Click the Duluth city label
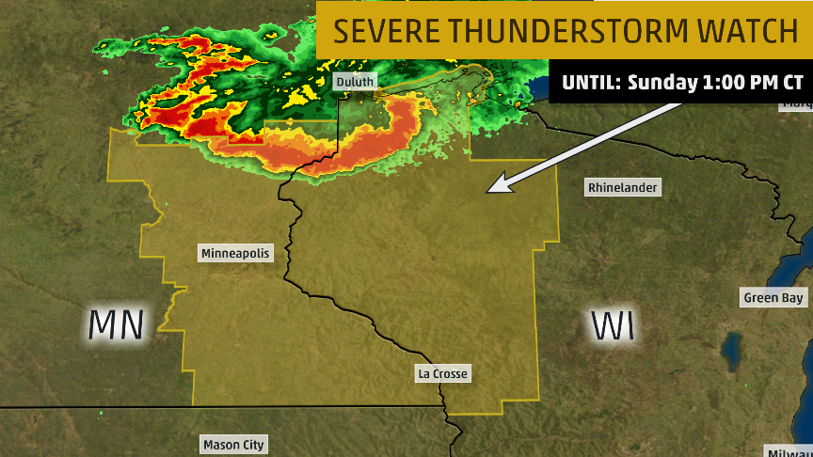pyautogui.click(x=355, y=82)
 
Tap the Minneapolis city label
pyautogui.click(x=235, y=253)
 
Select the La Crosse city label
pyautogui.click(x=442, y=374)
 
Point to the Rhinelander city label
pyautogui.click(x=622, y=187)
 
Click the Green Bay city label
pyautogui.click(x=774, y=298)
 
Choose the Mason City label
pyautogui.click(x=233, y=444)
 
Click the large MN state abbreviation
pyautogui.click(x=117, y=324)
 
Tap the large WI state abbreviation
pyautogui.click(x=613, y=325)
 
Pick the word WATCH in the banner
pyautogui.click(x=747, y=31)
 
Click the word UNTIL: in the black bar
pyautogui.click(x=591, y=83)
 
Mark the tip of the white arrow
pyautogui.click(x=486, y=192)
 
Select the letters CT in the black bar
pyautogui.click(x=790, y=83)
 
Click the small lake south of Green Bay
pyautogui.click(x=731, y=352)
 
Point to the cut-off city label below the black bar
pyautogui.click(x=798, y=103)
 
